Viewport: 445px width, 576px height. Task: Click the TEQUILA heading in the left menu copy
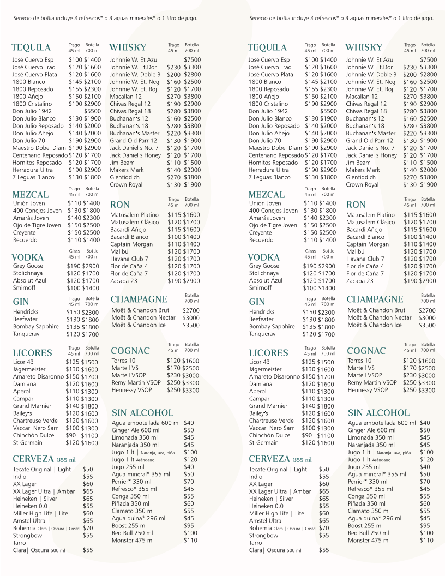click(x=31, y=47)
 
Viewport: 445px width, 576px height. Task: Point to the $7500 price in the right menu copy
click(x=428, y=59)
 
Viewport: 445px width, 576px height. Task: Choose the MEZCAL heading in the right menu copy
click(x=267, y=195)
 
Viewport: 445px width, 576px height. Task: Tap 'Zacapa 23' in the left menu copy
click(x=124, y=281)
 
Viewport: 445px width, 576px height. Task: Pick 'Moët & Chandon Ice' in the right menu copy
click(x=375, y=325)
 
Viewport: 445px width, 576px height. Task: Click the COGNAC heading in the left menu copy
click(x=130, y=351)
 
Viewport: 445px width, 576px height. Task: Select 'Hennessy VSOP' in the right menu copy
click(x=368, y=390)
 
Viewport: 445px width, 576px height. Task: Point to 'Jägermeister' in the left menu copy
click(x=29, y=369)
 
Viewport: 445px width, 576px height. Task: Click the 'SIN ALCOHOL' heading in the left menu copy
click(x=142, y=413)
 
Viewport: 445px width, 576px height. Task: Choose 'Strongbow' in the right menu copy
click(x=263, y=536)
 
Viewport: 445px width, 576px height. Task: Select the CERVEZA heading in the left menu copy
click(x=33, y=459)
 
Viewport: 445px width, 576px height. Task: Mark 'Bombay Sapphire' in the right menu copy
click(x=272, y=327)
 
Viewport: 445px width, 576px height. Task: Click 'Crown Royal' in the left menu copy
click(x=126, y=185)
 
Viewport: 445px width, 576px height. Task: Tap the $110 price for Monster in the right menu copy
click(x=426, y=541)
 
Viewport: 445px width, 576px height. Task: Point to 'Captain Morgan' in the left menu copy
click(x=131, y=244)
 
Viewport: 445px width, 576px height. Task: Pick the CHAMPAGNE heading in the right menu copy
click(x=375, y=299)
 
